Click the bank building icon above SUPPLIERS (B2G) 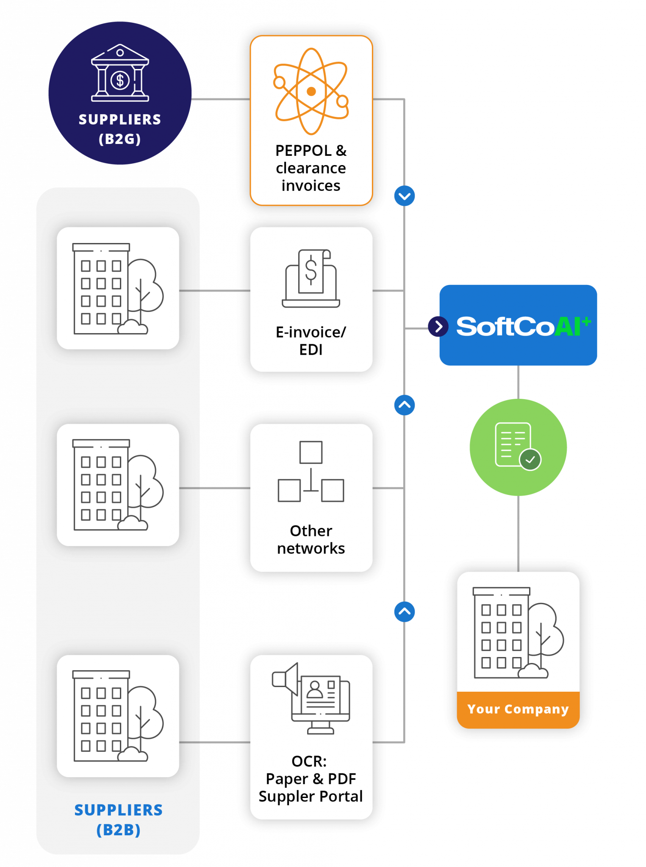click(x=120, y=73)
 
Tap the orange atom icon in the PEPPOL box click(x=311, y=91)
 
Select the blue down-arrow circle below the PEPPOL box click(x=405, y=196)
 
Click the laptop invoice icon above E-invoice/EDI click(x=311, y=279)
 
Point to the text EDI click(x=311, y=350)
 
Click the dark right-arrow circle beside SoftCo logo click(x=438, y=326)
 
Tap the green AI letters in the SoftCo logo click(x=568, y=327)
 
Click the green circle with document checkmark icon click(x=518, y=447)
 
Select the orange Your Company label click(x=518, y=709)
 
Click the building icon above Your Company click(x=518, y=633)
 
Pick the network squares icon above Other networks click(x=311, y=472)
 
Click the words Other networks click(x=311, y=539)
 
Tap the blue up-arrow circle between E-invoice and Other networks click(x=405, y=405)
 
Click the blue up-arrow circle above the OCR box click(x=405, y=611)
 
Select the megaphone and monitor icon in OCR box click(x=311, y=698)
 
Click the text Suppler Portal click(x=311, y=796)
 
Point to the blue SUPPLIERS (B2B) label click(x=118, y=820)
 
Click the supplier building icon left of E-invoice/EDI click(x=118, y=288)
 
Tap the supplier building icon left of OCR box click(x=118, y=716)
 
